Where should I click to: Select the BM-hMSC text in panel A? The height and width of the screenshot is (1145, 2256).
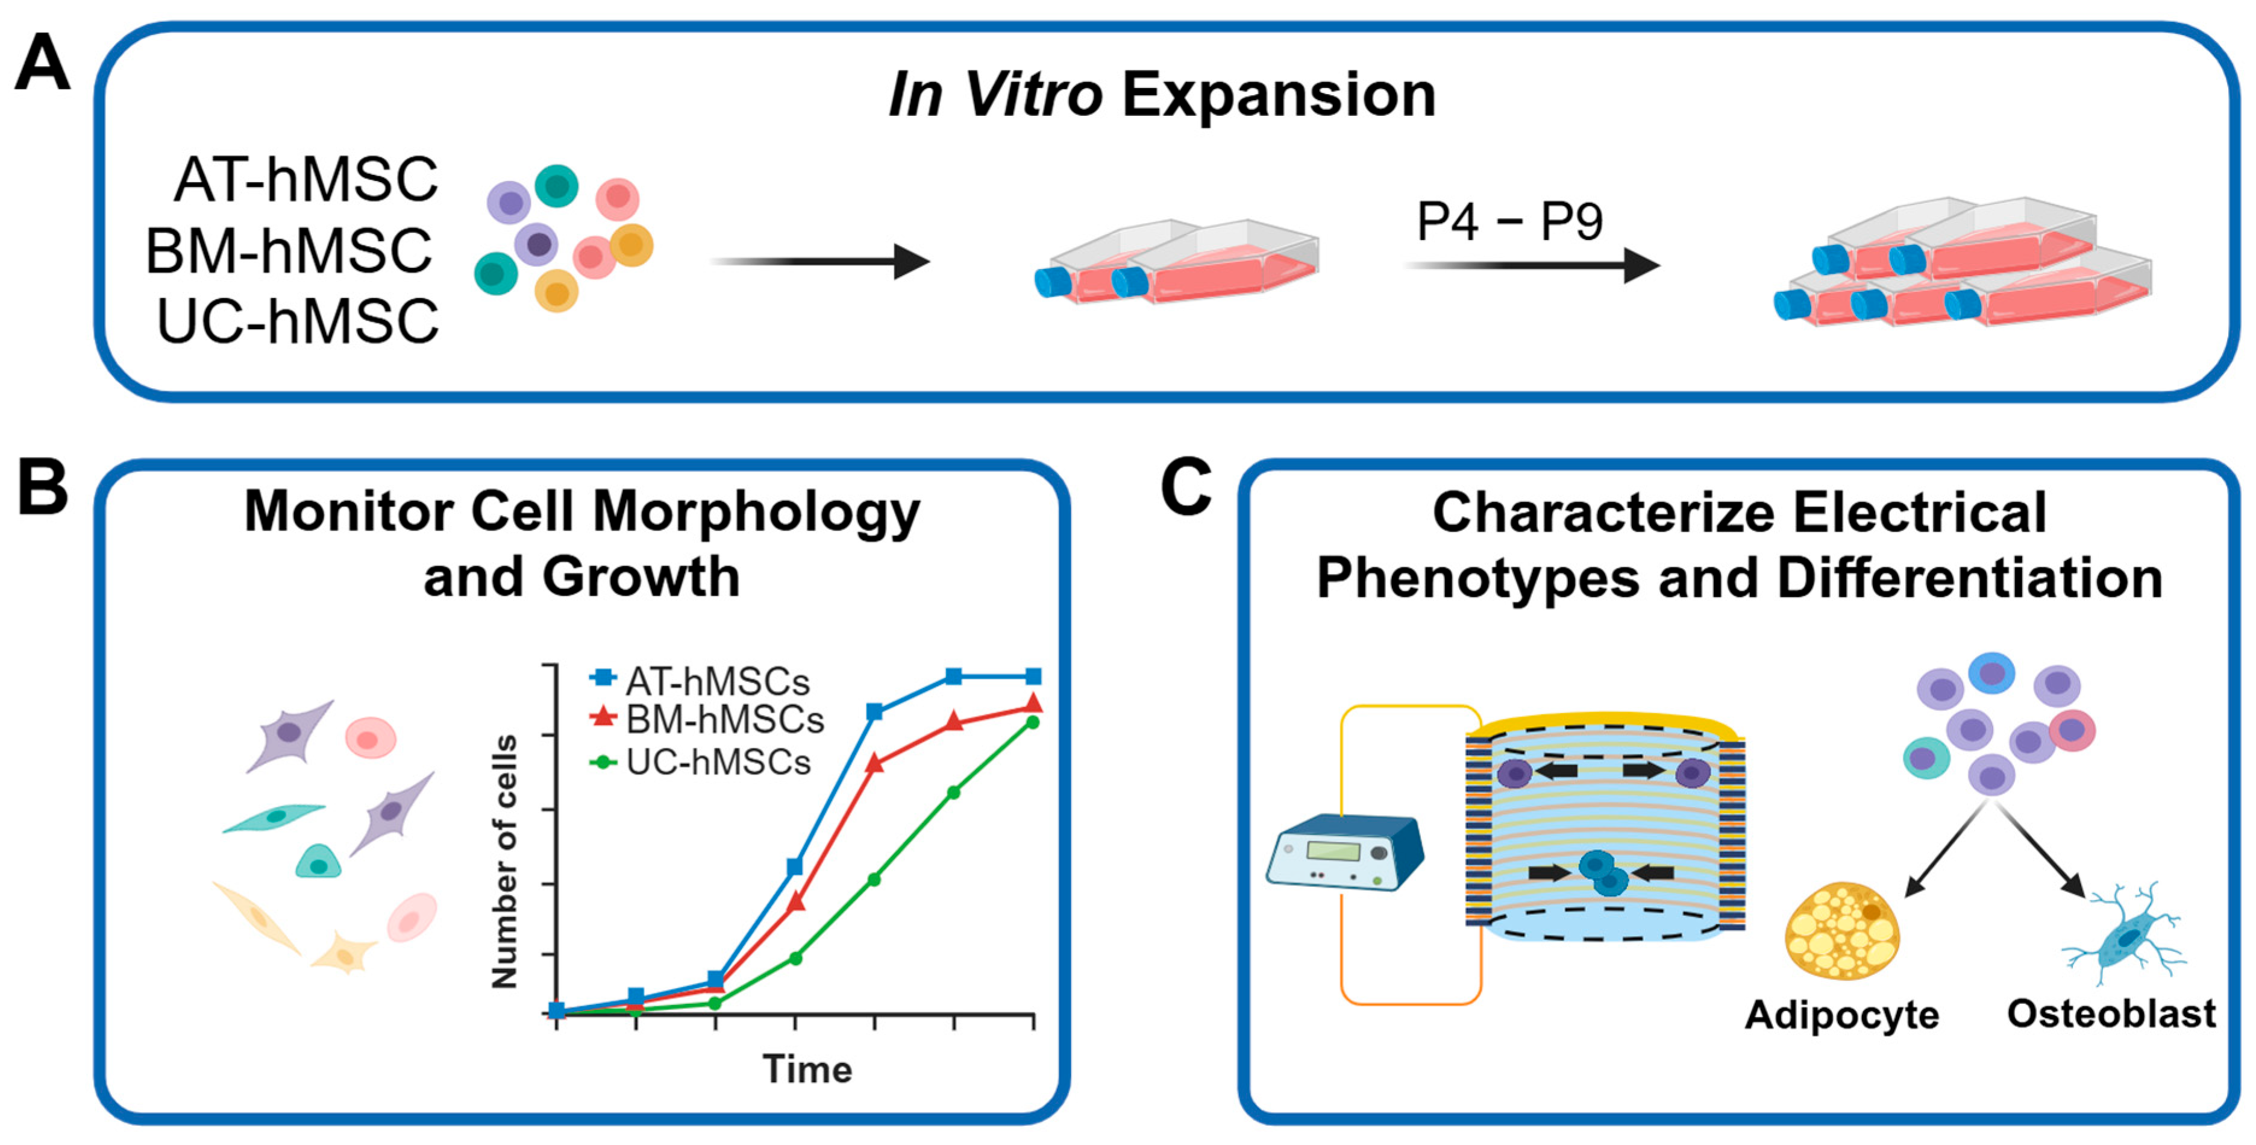[x=289, y=251]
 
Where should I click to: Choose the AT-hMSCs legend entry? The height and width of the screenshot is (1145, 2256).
[x=701, y=681]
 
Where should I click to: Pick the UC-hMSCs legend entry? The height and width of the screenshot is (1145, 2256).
[x=701, y=762]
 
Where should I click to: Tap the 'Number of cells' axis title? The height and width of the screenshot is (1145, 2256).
[x=506, y=862]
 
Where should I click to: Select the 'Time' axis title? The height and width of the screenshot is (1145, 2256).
[x=807, y=1070]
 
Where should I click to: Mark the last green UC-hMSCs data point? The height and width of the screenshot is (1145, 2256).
[x=1033, y=722]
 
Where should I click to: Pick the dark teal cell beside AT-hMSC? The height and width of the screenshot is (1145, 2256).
[x=557, y=186]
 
